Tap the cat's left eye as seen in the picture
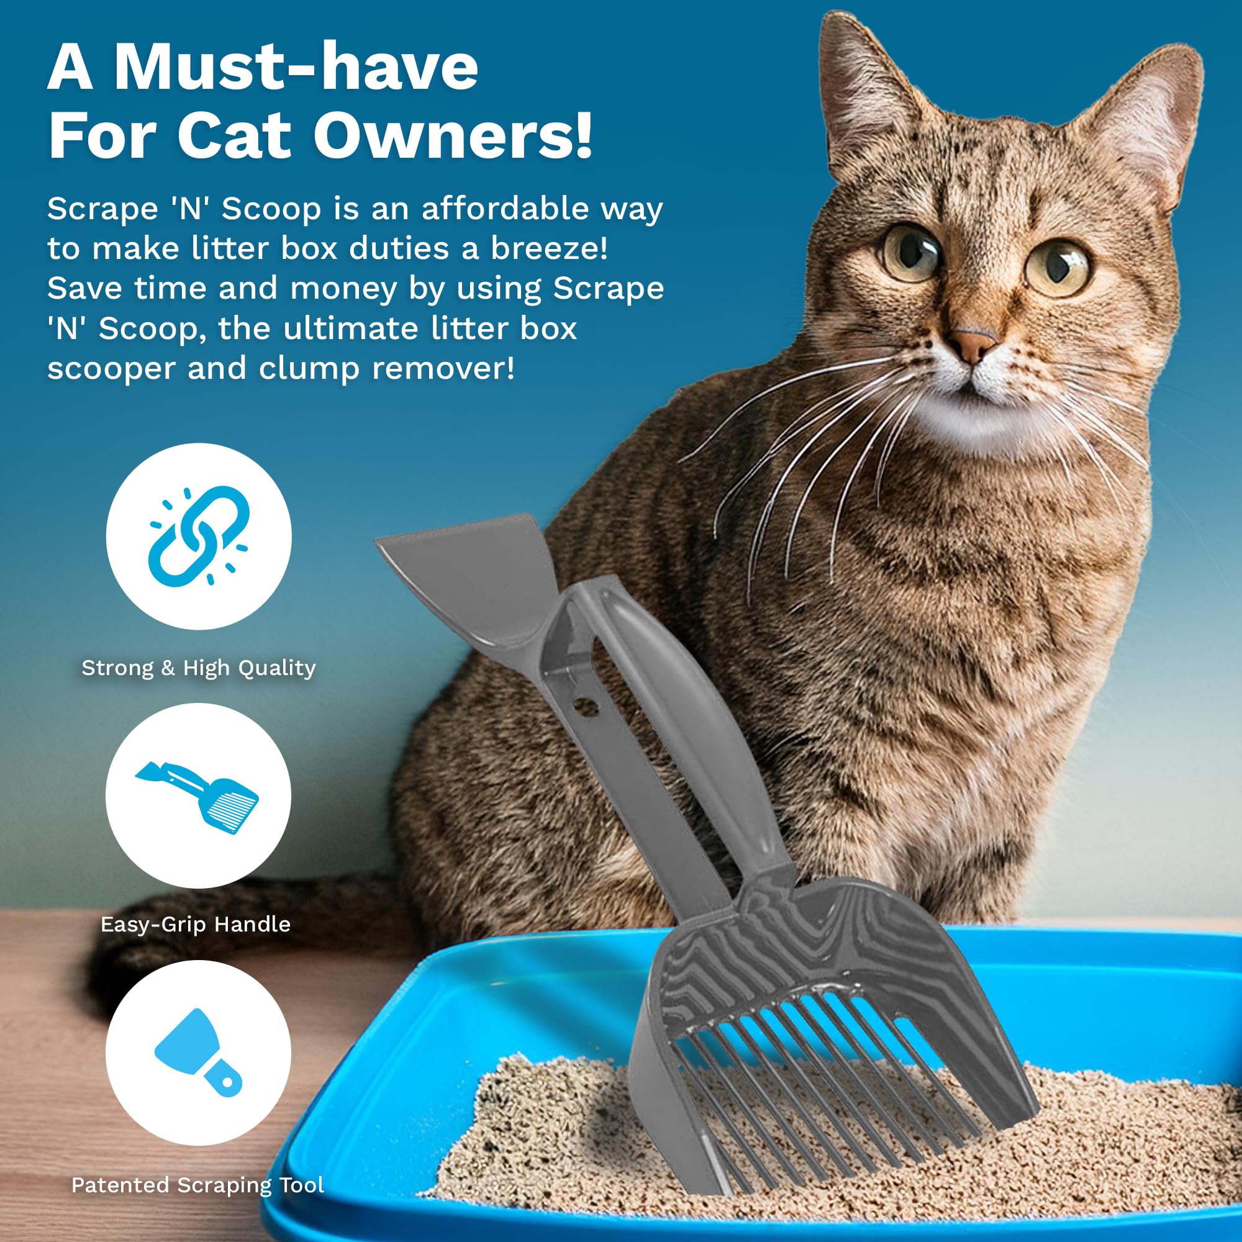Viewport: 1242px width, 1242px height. click(912, 252)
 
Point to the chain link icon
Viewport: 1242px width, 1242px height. click(199, 535)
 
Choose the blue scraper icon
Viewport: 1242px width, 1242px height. click(199, 1053)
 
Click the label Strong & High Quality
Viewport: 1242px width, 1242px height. click(199, 668)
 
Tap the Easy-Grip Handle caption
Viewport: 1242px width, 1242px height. click(196, 924)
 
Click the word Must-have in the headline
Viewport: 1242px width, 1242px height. click(296, 68)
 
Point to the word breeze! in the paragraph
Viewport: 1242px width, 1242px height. click(550, 249)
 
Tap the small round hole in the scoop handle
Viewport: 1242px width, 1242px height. click(585, 707)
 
